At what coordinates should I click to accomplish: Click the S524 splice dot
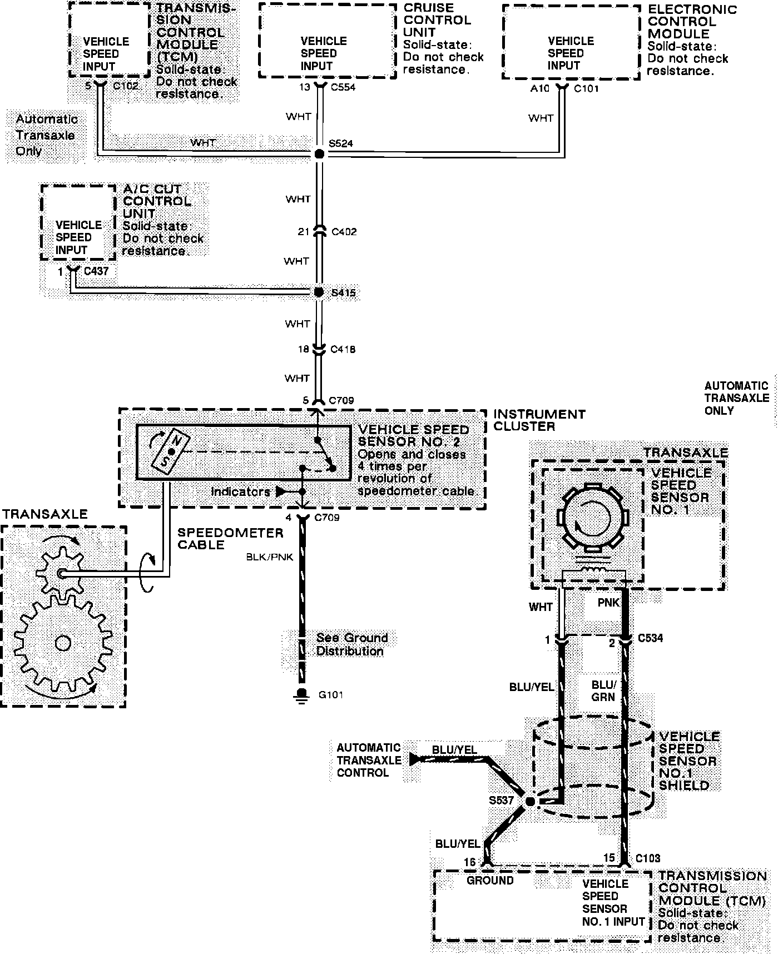pos(319,154)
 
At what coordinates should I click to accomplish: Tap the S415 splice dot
pos(319,292)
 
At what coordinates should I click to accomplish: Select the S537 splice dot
pos(530,801)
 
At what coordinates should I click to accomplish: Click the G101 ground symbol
pos(302,695)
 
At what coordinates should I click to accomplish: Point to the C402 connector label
pos(344,232)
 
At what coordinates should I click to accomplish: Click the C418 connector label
pos(343,350)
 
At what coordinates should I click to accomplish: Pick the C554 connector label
pos(343,87)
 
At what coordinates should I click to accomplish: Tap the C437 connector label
pos(96,271)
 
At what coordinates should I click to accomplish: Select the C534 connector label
pos(650,638)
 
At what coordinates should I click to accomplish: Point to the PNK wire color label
pos(608,603)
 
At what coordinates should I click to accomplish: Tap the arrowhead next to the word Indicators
pos(282,492)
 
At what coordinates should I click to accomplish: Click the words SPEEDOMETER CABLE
pos(230,539)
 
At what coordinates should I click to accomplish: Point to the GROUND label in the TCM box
pos(490,881)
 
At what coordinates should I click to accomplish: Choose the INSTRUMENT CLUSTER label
pos(539,420)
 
